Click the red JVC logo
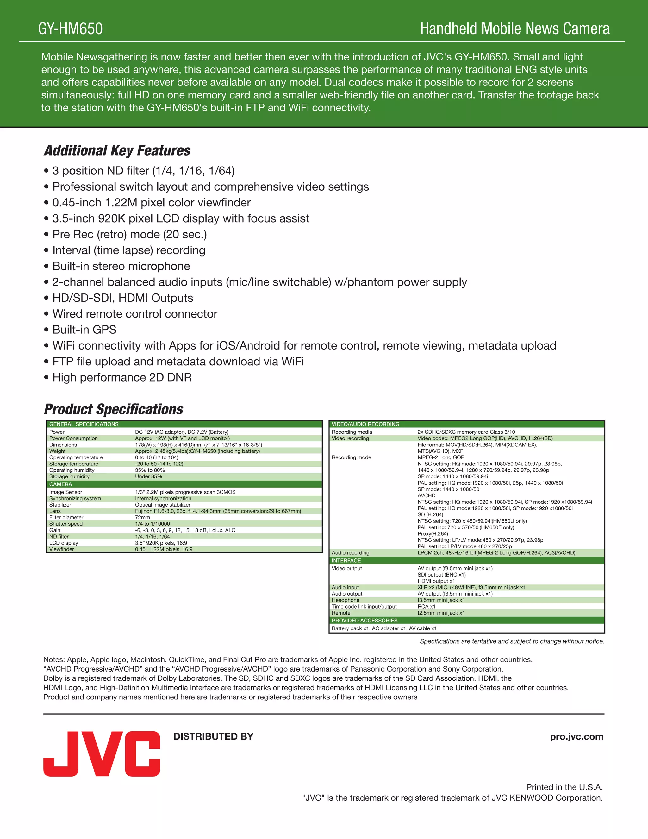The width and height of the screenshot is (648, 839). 102,754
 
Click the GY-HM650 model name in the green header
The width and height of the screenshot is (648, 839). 71,29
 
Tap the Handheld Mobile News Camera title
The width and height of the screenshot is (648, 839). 514,29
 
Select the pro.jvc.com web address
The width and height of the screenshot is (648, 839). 576,736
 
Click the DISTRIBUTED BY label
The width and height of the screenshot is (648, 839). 214,736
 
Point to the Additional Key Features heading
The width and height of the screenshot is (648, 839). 117,151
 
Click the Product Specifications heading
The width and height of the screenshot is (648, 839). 114,409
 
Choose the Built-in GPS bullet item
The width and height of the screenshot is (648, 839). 84,330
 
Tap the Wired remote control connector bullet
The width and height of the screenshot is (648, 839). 135,314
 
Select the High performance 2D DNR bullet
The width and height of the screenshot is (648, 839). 122,377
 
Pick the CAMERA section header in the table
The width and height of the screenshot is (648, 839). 61,484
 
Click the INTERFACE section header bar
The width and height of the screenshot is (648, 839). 346,560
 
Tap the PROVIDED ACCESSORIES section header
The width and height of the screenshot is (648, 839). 365,621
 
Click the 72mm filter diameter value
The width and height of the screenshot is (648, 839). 142,517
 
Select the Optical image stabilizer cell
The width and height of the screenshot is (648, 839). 162,505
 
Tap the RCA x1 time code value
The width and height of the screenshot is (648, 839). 426,606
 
